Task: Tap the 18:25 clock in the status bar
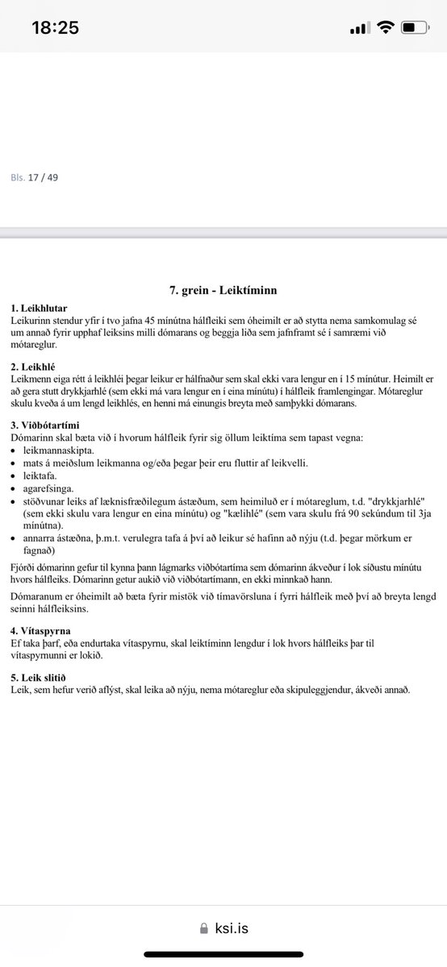tap(55, 28)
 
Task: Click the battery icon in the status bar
tap(416, 28)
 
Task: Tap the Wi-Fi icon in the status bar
tap(385, 28)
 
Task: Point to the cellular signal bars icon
tap(358, 29)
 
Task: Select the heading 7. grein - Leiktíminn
tap(223, 289)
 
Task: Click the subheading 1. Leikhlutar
tap(40, 308)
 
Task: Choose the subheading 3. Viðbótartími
tap(45, 424)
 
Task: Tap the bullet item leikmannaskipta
tap(62, 450)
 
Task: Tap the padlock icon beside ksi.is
tap(203, 929)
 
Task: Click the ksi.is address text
tap(231, 928)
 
